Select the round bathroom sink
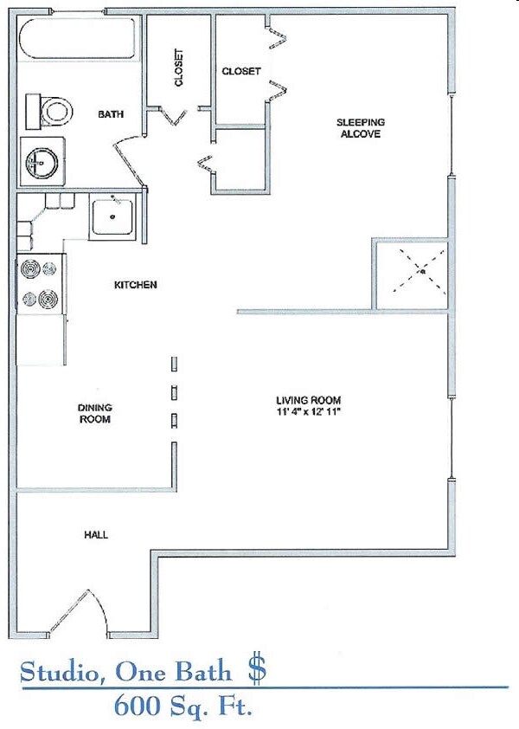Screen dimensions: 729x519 tap(41, 161)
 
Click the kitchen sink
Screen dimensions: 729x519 tap(112, 216)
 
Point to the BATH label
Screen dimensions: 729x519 tap(111, 114)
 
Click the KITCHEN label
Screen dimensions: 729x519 tap(136, 285)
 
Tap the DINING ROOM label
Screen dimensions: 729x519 tap(95, 413)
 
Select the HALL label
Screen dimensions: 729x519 tap(96, 535)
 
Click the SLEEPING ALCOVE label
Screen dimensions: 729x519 tap(360, 128)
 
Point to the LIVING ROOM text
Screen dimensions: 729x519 tap(308, 400)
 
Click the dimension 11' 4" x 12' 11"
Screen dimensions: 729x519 tap(308, 412)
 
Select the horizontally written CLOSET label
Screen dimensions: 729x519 tap(241, 71)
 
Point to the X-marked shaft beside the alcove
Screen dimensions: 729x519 tap(410, 273)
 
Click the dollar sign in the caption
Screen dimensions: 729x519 tap(257, 669)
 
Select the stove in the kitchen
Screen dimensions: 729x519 tap(40, 283)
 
